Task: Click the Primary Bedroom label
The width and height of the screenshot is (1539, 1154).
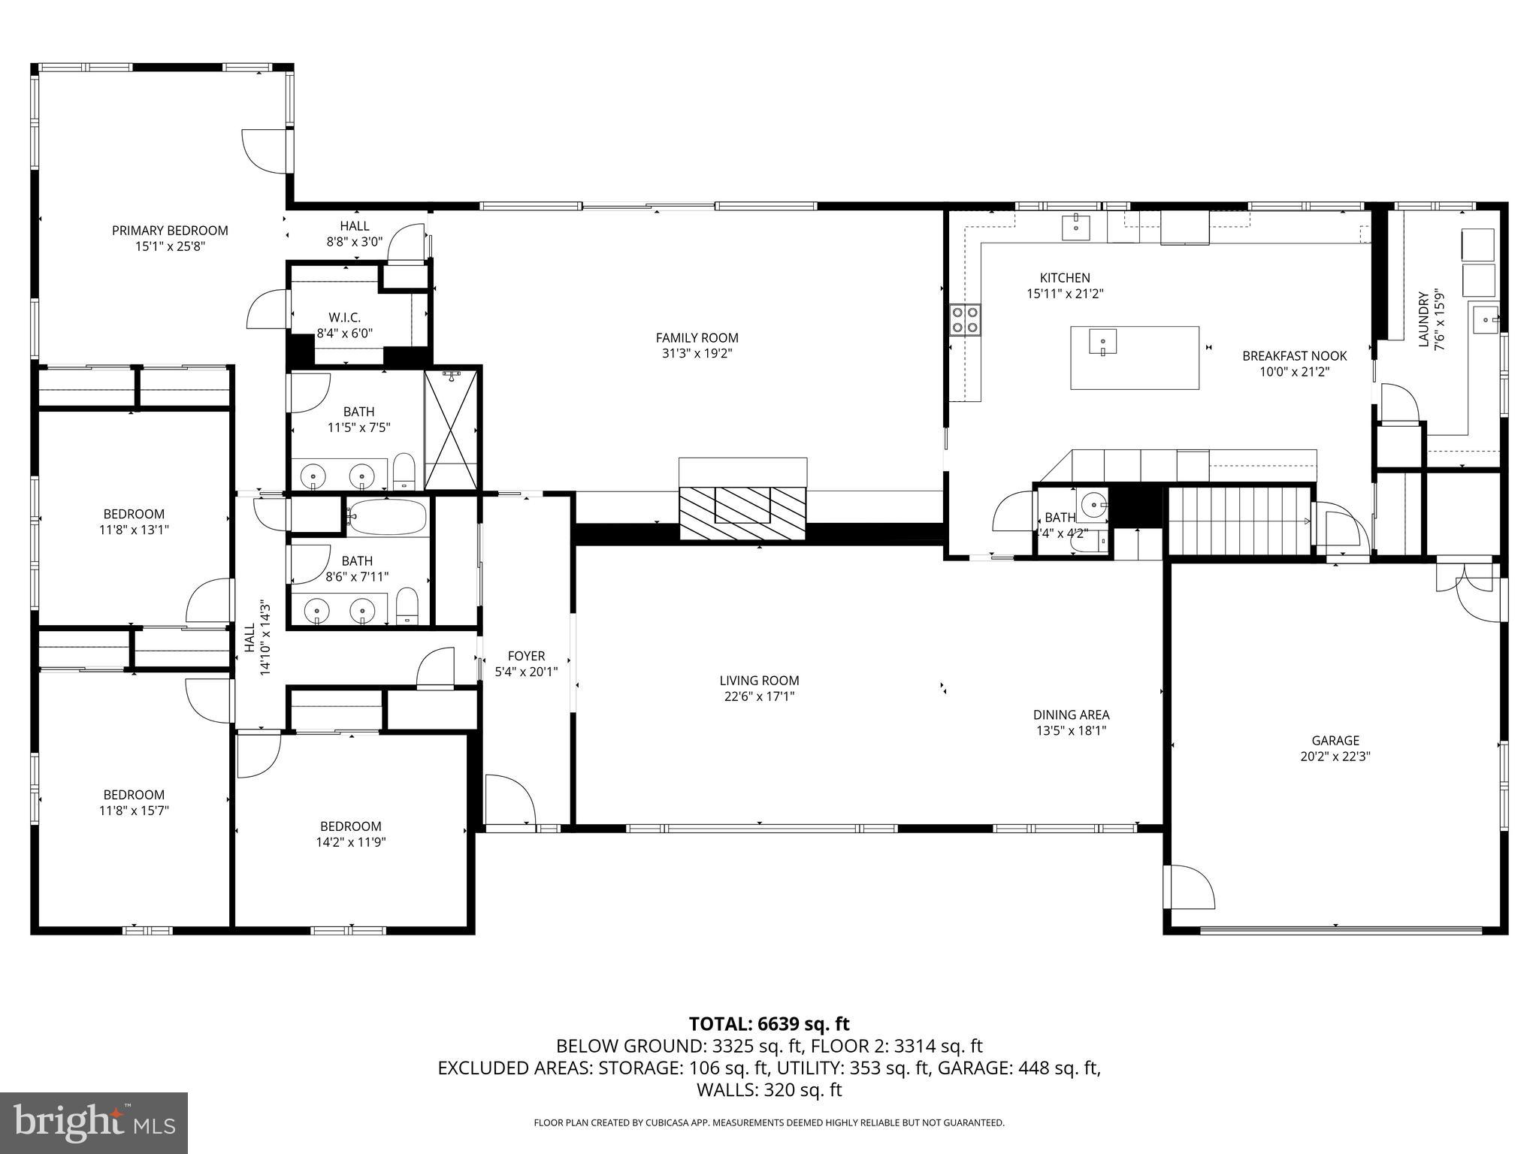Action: click(x=170, y=231)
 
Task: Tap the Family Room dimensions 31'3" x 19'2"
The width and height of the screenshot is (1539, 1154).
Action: click(x=697, y=353)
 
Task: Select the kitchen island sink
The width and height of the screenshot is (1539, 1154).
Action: click(x=1102, y=342)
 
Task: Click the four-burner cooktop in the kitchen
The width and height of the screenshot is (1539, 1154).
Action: click(x=965, y=319)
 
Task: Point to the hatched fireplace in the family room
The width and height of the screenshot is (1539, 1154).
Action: click(x=742, y=512)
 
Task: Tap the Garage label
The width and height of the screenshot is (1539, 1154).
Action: click(x=1335, y=740)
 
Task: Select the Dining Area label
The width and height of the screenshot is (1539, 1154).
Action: click(x=1071, y=714)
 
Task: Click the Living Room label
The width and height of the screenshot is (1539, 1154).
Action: click(x=759, y=680)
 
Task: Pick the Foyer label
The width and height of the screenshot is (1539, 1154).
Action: click(x=526, y=656)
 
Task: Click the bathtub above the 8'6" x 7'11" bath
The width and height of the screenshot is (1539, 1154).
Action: click(x=387, y=517)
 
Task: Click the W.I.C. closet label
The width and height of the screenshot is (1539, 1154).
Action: click(x=344, y=318)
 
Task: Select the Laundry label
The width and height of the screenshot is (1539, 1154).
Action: click(x=1422, y=319)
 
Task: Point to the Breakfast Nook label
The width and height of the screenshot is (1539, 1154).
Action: click(x=1294, y=355)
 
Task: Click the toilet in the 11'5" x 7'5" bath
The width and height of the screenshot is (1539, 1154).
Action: click(x=404, y=471)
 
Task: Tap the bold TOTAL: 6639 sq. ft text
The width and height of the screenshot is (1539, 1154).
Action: click(x=769, y=1023)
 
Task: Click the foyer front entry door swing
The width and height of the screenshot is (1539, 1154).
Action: click(x=509, y=800)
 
